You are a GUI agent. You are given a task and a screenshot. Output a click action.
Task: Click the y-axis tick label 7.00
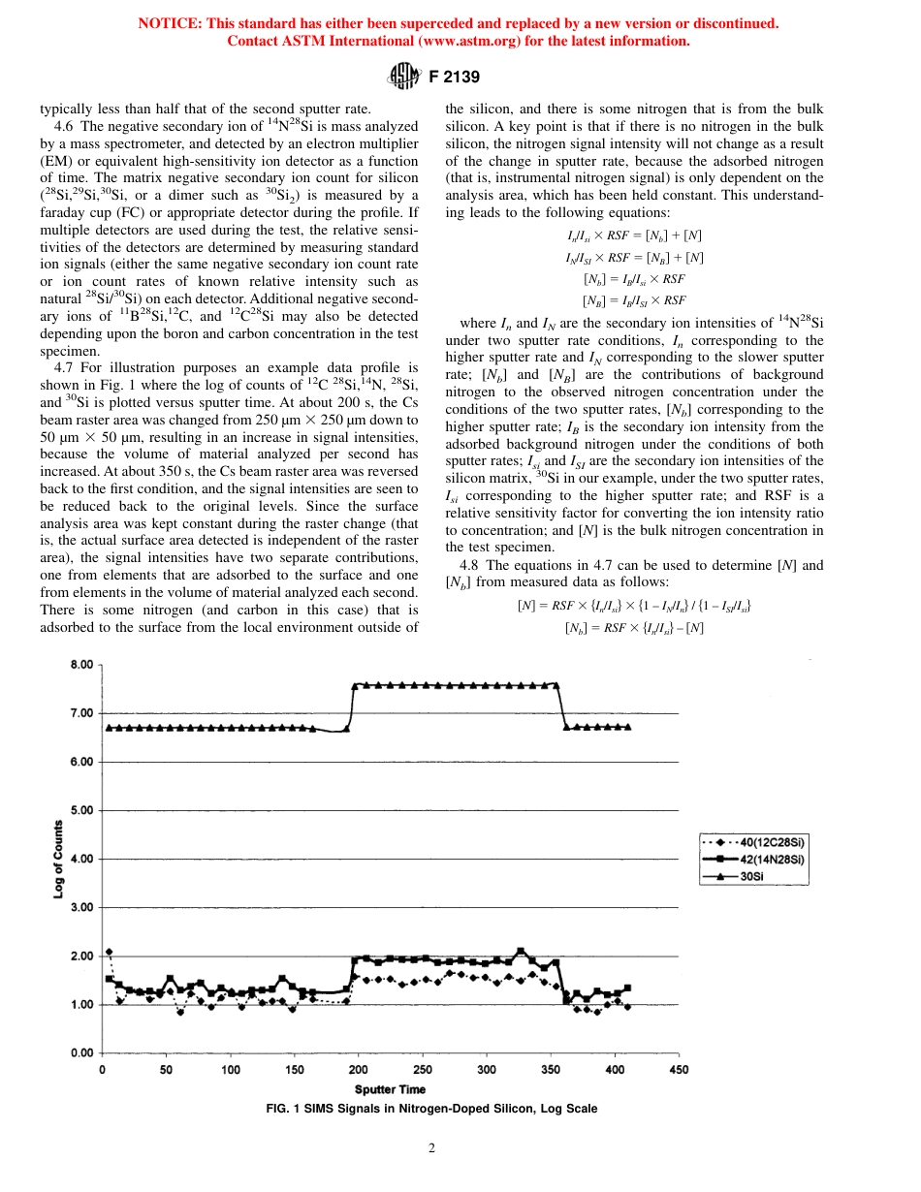click(79, 713)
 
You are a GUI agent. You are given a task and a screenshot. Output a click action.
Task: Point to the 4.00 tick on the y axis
click(79, 859)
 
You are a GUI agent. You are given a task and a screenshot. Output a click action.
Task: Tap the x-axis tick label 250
click(423, 1070)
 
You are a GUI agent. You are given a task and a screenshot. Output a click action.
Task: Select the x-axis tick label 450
click(679, 1070)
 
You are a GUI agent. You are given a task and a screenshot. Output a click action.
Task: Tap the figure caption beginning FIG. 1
click(431, 1109)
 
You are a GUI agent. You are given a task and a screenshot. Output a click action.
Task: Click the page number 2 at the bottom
click(431, 1149)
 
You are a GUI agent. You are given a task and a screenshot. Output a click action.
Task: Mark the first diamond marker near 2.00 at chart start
click(110, 953)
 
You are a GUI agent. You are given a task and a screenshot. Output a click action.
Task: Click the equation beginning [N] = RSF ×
click(635, 606)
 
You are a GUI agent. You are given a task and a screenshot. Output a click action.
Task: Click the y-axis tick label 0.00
click(79, 1052)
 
